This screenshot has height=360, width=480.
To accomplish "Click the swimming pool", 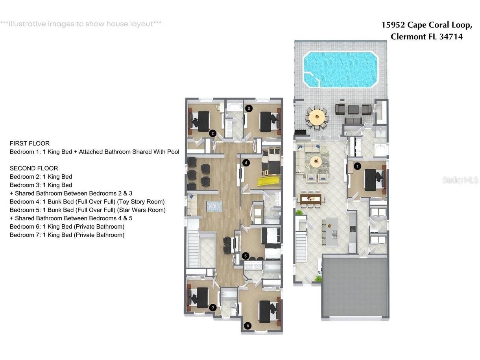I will (x=340, y=69).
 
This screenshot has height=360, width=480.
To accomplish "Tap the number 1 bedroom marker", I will (x=357, y=166).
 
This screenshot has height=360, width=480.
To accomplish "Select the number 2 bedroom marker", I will (x=212, y=133).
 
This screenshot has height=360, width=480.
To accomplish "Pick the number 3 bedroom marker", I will (x=249, y=108).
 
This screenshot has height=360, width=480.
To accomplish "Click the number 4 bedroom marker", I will (x=246, y=162).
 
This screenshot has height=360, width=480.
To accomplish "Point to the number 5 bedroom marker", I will (x=246, y=256).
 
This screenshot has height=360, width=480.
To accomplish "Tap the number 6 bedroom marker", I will (x=247, y=326).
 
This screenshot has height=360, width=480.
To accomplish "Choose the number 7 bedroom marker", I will (x=213, y=308).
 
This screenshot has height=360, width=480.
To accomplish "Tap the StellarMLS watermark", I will (x=460, y=180).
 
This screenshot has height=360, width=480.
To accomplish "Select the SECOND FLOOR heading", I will (x=34, y=168).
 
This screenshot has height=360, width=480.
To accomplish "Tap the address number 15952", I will (x=393, y=25).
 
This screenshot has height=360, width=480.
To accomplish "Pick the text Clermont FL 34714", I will (x=426, y=37).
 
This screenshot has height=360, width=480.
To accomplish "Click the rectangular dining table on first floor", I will (x=311, y=198).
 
